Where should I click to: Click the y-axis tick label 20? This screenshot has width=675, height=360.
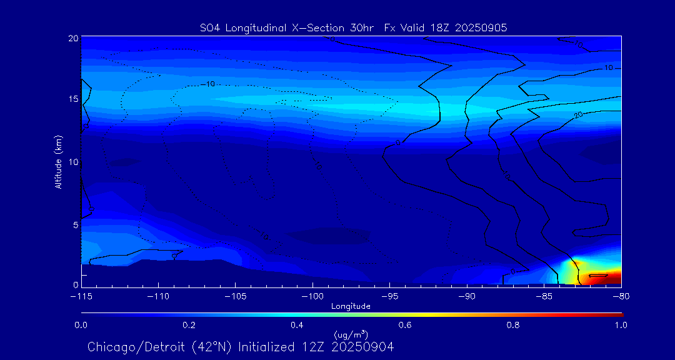coord(72,38)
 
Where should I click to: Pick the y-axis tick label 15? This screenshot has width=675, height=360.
coord(72,99)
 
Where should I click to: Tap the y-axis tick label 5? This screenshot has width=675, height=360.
coord(75,224)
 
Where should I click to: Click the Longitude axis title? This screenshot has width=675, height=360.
coord(351,306)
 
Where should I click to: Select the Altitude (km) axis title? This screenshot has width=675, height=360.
coord(58,161)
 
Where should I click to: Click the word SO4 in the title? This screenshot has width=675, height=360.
coord(211,27)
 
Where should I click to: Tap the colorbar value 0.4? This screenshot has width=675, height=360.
coord(297,325)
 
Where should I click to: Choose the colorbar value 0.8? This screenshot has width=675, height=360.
coord(513,325)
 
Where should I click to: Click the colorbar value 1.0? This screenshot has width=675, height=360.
coord(621,325)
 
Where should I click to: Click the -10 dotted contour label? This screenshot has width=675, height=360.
coord(209,84)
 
